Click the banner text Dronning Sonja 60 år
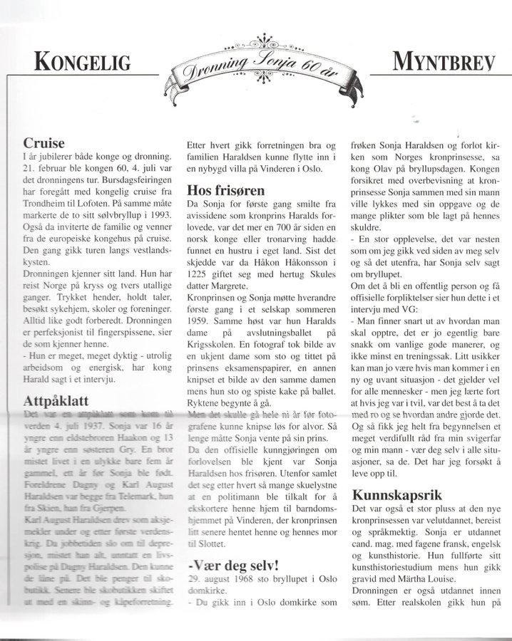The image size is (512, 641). point(256,70)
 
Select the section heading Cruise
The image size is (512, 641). point(44,143)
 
